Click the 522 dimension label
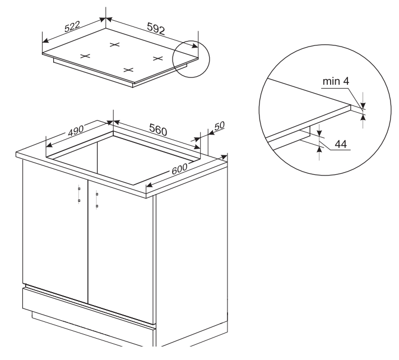click(72, 26)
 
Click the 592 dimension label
click(156, 29)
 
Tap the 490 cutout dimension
click(76, 130)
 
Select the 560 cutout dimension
click(158, 130)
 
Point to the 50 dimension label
click(220, 126)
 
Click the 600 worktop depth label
click(179, 169)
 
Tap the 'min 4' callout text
click(336, 81)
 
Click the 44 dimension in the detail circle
click(341, 144)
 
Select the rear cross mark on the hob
click(114, 45)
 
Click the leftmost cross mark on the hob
click(85, 56)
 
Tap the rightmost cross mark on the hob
click(158, 58)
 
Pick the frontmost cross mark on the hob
click(128, 70)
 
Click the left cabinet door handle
click(79, 195)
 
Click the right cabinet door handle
click(97, 200)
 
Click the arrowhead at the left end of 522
click(45, 41)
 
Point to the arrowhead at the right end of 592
click(195, 46)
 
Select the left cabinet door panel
click(55, 232)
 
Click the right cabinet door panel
click(121, 252)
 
